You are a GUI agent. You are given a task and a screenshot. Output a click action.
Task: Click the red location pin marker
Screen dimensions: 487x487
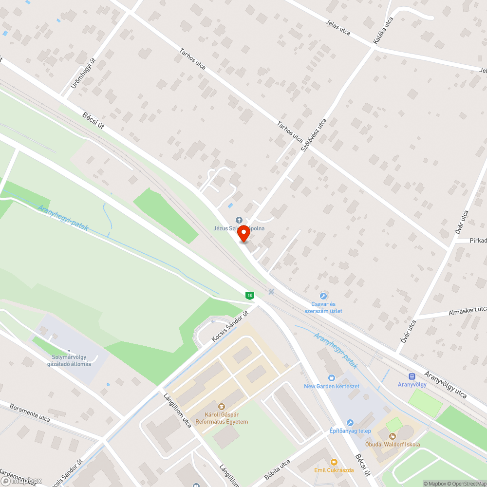pos(243,234)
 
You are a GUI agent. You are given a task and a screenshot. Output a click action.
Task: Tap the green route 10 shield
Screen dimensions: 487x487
pos(249,295)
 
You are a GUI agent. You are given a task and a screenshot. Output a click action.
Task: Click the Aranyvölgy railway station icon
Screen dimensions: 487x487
pos(412,376)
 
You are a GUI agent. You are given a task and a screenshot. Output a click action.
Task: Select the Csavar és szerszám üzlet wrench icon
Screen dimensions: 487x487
pos(323,296)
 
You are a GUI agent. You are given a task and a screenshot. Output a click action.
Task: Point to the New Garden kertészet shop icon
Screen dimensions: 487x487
pos(332,377)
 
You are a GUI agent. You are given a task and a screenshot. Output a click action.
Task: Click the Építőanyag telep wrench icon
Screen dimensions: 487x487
pos(350,423)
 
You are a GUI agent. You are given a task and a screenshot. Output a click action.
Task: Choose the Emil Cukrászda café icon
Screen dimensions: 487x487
pos(333,462)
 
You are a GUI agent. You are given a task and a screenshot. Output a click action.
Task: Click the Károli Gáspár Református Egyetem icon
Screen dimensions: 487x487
pos(221,406)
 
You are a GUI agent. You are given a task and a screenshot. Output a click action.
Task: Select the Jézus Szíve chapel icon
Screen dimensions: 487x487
pos(239,220)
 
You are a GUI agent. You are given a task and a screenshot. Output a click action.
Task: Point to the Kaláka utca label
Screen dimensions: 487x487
pos(383,31)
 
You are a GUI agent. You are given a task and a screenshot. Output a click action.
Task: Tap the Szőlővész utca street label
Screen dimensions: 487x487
pos(313,136)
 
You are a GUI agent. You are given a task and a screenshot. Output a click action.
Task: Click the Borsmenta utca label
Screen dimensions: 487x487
pos(30,412)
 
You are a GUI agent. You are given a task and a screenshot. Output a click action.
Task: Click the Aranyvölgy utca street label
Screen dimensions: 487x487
pos(446,385)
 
